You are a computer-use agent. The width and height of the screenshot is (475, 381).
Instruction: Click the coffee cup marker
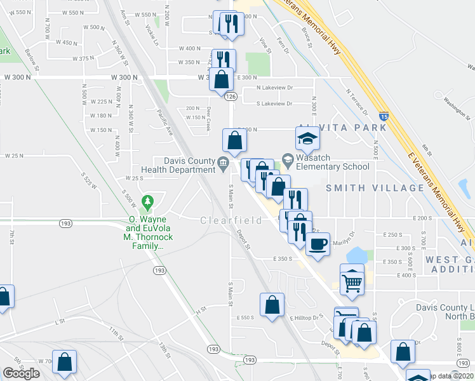[x=318, y=244]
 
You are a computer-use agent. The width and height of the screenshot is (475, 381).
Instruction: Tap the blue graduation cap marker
[x=307, y=137]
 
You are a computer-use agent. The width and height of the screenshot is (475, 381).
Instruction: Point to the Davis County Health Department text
[x=181, y=165]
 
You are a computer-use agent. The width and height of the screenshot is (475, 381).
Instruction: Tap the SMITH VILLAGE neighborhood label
[x=375, y=188]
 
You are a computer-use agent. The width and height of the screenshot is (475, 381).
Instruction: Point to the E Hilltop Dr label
[x=307, y=317]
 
